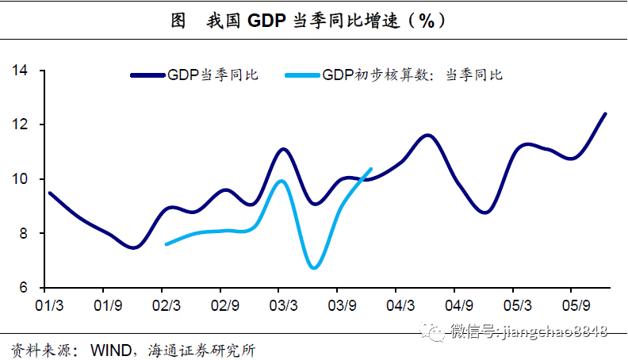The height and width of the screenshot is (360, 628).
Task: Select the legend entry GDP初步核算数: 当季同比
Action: [x=412, y=75]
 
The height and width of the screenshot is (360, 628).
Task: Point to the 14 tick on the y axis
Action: [x=21, y=71]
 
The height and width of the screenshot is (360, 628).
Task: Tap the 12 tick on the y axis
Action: [x=21, y=125]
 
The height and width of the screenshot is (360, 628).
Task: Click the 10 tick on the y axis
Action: [x=21, y=179]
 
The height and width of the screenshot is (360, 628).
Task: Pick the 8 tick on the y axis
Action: [x=24, y=234]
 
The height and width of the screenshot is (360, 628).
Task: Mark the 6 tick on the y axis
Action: [x=24, y=288]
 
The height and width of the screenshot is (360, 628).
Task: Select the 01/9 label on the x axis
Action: [x=106, y=304]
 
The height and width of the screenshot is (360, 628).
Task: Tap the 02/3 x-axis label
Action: [x=165, y=304]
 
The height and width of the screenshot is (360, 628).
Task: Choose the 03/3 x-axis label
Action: [x=282, y=304]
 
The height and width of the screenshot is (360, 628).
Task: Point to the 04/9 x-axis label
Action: [x=459, y=304]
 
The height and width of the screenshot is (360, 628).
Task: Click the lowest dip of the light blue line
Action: [x=314, y=268]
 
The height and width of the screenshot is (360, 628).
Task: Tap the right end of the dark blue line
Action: [x=606, y=113]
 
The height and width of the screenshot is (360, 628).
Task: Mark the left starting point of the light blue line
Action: [x=166, y=244]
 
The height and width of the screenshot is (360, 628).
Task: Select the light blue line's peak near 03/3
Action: [x=281, y=181]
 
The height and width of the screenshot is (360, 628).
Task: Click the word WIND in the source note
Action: [x=111, y=349]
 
